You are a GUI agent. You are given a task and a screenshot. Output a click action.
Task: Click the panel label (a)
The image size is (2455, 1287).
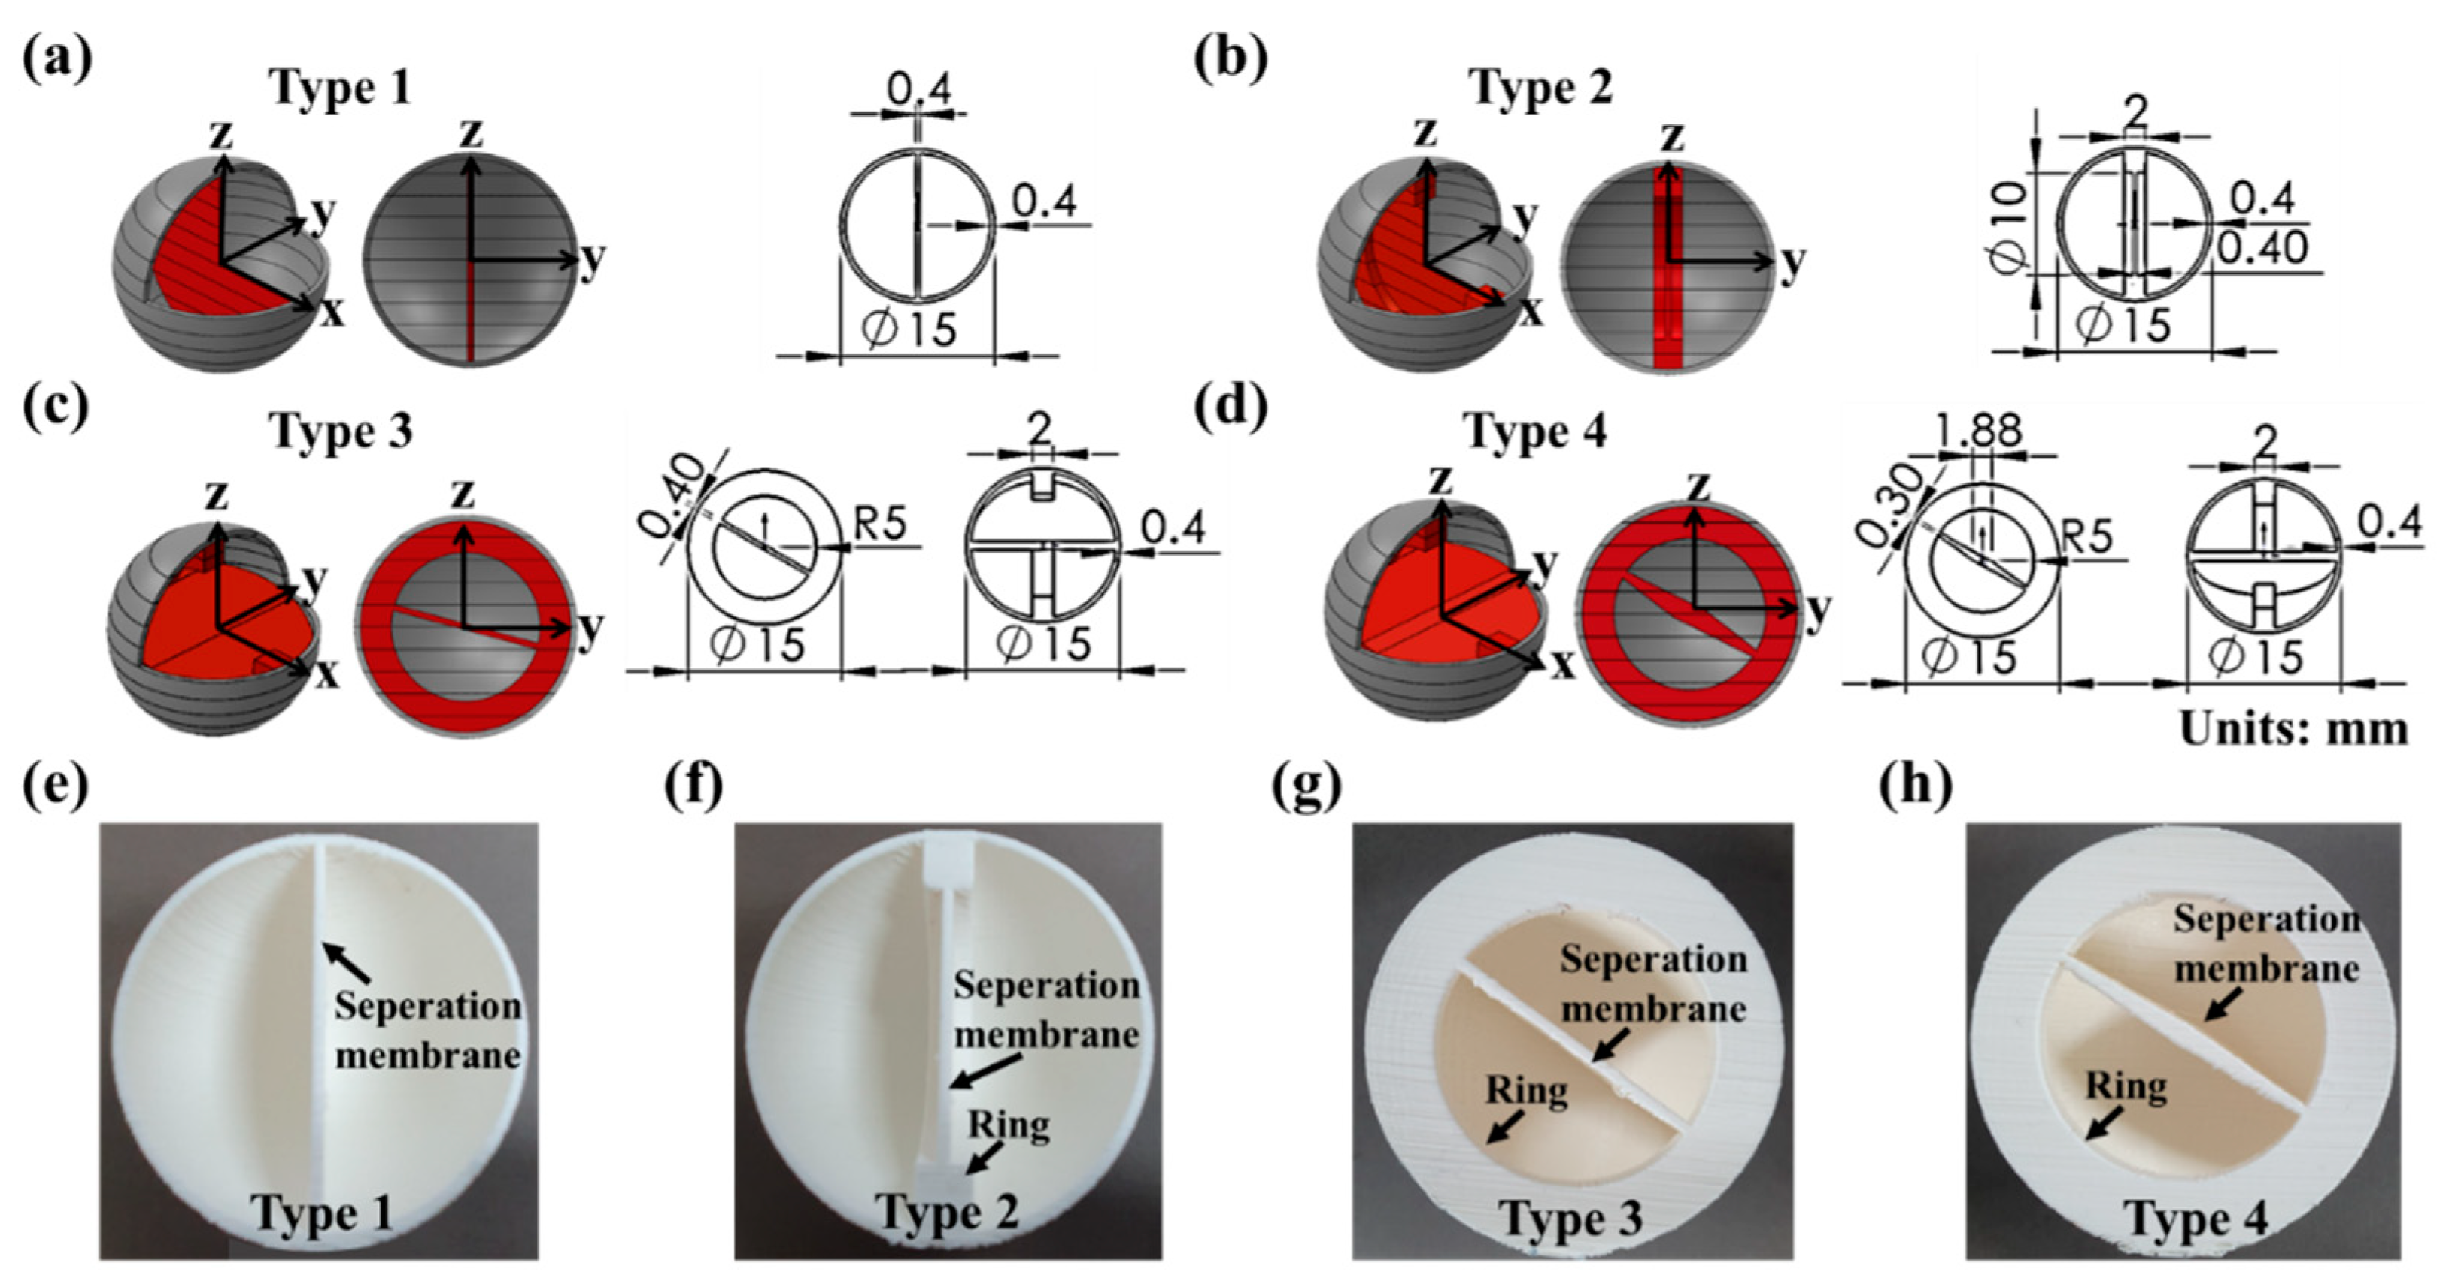[x=57, y=60]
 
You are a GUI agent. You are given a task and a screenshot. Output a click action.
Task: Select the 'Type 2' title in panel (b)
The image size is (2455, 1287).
[x=1541, y=89]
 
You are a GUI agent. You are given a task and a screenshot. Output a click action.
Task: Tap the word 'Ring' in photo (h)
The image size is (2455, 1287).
[x=2126, y=1086]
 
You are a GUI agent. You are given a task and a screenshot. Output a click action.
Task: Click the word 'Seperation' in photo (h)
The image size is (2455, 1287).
[x=2266, y=920]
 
